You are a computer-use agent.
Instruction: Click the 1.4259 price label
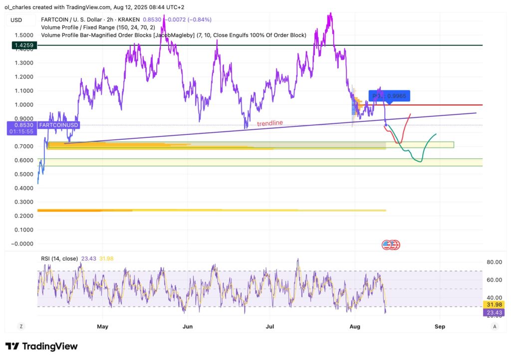coord(23,45)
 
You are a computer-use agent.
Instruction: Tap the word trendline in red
coord(270,123)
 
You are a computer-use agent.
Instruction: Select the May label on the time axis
coord(102,327)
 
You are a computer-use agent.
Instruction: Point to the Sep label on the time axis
coord(440,327)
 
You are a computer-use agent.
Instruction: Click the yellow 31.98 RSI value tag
coord(494,305)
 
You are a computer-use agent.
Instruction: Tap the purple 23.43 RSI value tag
coord(494,313)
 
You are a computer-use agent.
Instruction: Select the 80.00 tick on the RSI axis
coord(494,262)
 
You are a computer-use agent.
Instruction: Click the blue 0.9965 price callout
coord(390,96)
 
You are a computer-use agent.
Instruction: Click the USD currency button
coord(16,20)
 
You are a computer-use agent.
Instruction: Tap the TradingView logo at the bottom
coord(41,346)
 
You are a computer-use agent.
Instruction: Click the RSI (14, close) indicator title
coord(59,258)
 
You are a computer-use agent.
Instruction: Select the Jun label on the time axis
coord(188,327)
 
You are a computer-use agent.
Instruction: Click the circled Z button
coord(21,326)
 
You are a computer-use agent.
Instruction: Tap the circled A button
coord(494,326)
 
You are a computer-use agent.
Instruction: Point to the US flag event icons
coord(391,245)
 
